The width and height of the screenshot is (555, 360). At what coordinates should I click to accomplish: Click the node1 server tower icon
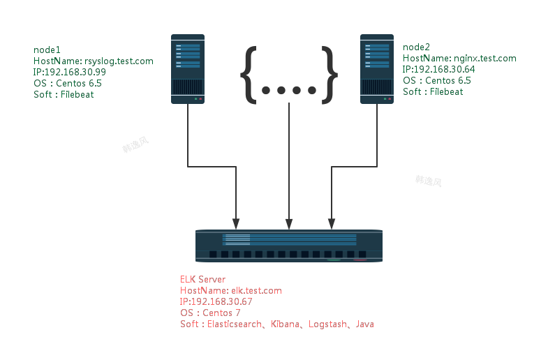[x=188, y=69]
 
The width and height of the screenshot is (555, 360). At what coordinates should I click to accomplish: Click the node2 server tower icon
[x=377, y=69]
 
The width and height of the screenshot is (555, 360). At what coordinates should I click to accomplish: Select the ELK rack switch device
[x=289, y=246]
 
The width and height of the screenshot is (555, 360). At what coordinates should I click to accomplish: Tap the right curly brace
[x=330, y=73]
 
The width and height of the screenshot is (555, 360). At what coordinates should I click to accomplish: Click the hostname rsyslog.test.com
[x=118, y=61]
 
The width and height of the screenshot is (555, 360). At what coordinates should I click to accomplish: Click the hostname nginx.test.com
[x=485, y=59]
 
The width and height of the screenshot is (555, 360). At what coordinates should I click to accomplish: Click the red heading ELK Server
[x=202, y=280]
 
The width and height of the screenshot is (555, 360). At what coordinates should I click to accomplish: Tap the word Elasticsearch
[x=232, y=324]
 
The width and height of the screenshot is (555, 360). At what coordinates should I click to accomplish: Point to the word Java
[x=365, y=324]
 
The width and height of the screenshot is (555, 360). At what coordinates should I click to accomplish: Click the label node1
[x=47, y=50]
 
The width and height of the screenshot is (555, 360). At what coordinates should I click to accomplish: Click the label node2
[x=417, y=47]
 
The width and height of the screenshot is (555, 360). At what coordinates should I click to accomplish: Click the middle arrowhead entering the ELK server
[x=289, y=224]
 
